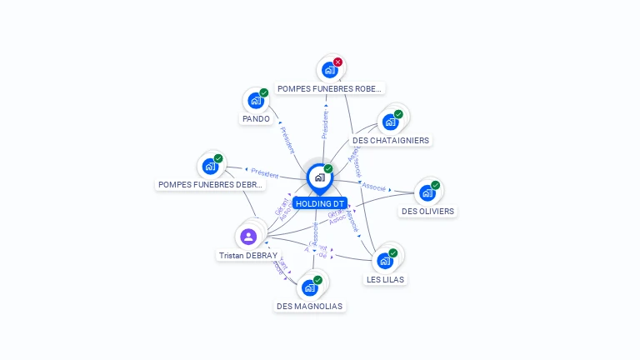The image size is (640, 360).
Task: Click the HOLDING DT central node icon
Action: pos(319,177)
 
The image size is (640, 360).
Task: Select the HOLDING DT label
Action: pos(319,203)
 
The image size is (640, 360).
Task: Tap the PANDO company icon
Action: pos(255,101)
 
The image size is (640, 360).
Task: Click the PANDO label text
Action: pos(256,119)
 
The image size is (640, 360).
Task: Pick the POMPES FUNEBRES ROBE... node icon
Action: pos(329,70)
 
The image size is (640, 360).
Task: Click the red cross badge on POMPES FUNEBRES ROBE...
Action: pos(337,62)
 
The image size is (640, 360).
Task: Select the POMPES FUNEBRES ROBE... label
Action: pos(330,88)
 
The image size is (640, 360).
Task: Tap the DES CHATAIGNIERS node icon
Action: pos(389,122)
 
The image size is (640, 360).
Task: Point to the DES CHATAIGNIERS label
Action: pos(391,141)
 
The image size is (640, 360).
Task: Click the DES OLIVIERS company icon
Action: pos(427,193)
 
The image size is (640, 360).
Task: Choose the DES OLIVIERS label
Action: pos(427,212)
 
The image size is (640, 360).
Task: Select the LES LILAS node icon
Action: pos(384,261)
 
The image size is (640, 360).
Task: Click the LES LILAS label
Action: pos(386,279)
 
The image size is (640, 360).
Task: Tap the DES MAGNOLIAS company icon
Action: pos(309,288)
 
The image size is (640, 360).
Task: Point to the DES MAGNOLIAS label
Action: pos(309,306)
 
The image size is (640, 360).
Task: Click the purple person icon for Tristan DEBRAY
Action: pos(248,237)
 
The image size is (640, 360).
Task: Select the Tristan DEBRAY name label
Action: pos(247,256)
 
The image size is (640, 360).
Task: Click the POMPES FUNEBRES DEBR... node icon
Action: pos(210,167)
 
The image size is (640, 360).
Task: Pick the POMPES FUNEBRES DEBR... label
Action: pos(210,185)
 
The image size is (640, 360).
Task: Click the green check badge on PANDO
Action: pos(263,92)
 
